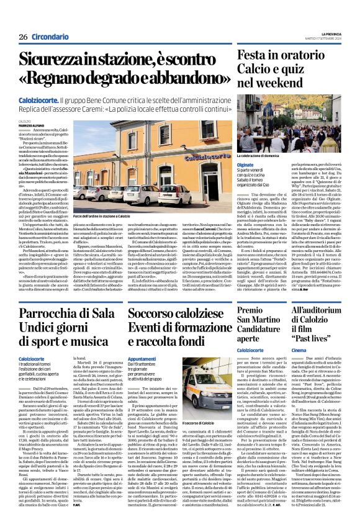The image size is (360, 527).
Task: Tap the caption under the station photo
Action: coord(107,216)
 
